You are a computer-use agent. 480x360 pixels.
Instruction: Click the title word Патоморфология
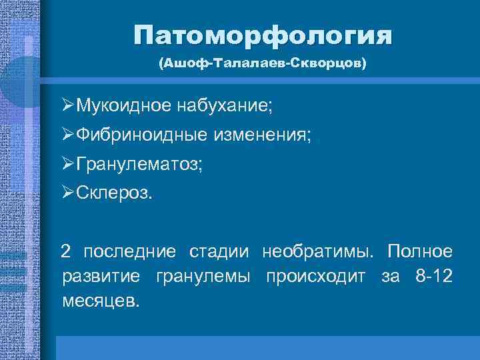[262, 35]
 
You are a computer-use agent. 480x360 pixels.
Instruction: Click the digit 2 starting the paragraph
[65, 252]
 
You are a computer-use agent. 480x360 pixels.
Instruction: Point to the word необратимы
[313, 252]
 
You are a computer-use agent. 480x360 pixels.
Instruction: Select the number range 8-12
[431, 276]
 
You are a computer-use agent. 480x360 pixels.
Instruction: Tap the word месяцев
[101, 300]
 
